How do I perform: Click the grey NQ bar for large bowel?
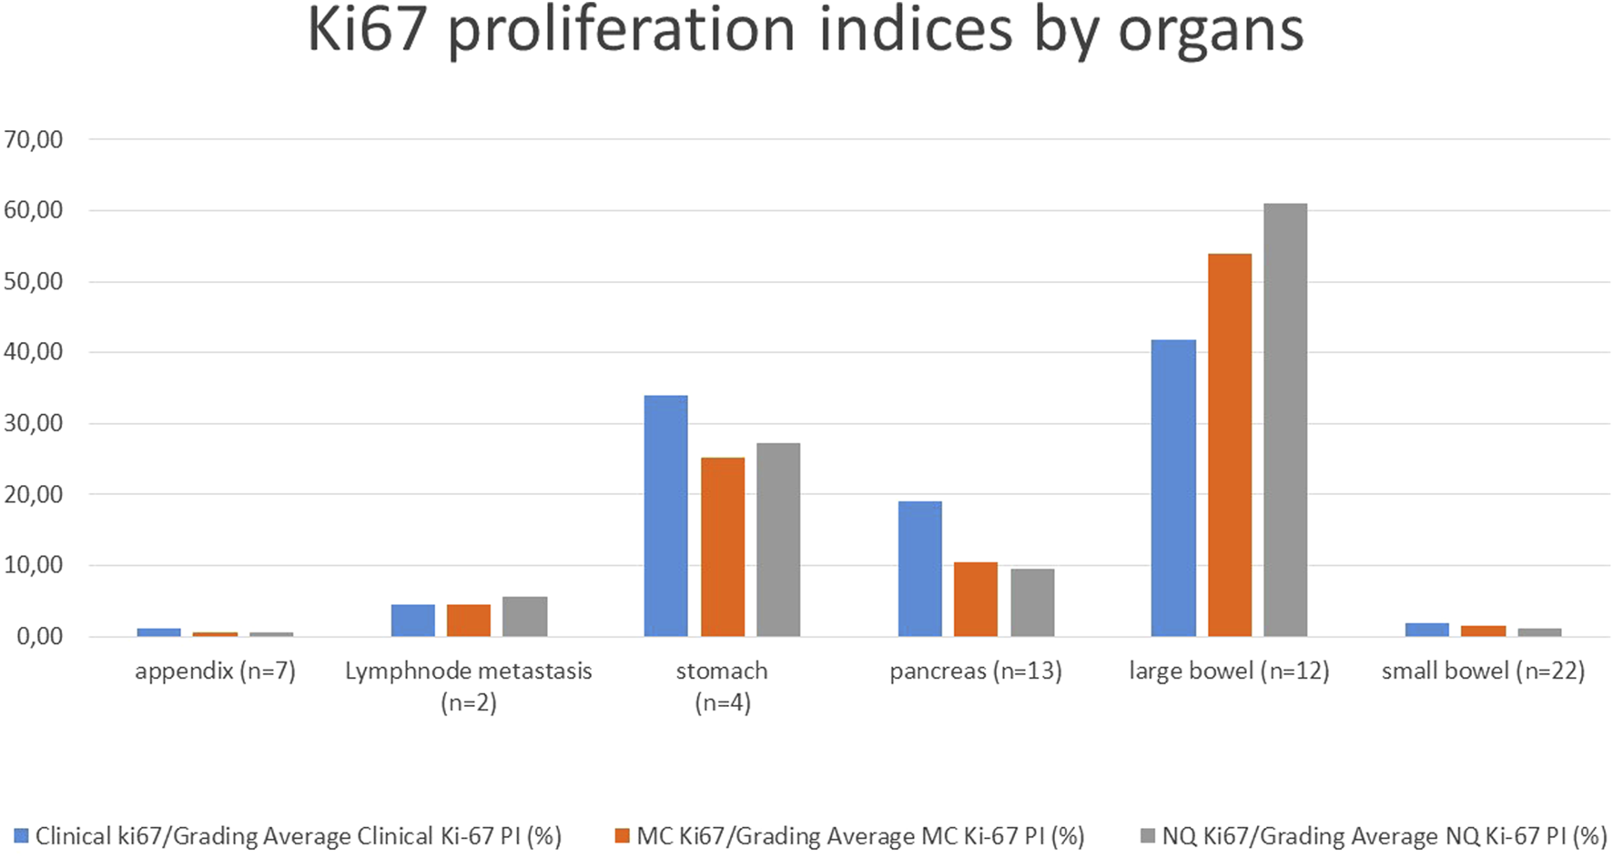coord(1285,419)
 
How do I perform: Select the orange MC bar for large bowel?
coord(1229,445)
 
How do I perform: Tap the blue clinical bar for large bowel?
coord(1173,488)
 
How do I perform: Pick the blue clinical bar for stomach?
coord(665,515)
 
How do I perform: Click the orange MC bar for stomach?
coord(723,546)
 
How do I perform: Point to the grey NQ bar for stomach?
coord(778,540)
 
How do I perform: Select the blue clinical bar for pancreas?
coord(919,568)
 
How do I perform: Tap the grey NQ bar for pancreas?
coord(1032,601)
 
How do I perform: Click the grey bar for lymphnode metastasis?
coord(525,616)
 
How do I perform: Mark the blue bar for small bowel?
coord(1426,630)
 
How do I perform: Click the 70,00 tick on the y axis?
coord(34,139)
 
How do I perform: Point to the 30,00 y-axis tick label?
coord(34,423)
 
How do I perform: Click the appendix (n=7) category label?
coord(215,671)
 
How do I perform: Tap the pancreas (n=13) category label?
coord(975,671)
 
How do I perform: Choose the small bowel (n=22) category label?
coord(1483,671)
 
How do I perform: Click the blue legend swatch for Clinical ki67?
coord(21,835)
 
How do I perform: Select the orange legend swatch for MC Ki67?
coord(623,835)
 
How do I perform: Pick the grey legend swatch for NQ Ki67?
coord(1148,835)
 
